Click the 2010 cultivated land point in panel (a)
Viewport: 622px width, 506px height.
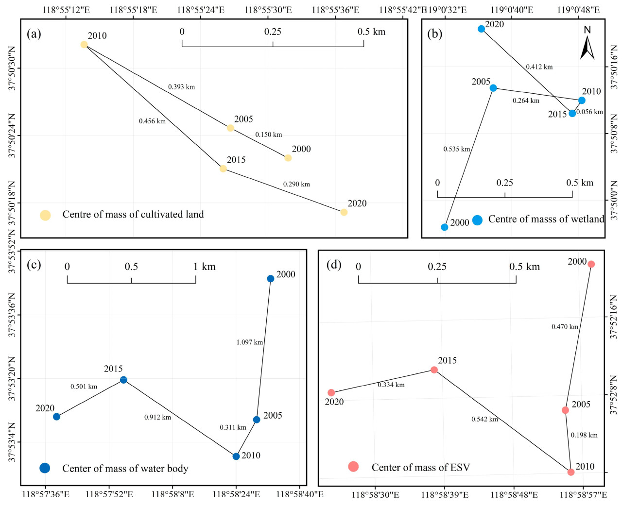84,45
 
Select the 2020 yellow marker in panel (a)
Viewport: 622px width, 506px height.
344,212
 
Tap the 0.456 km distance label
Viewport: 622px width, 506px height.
152,121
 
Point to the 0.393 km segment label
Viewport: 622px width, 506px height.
181,87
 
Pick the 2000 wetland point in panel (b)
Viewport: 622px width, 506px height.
445,227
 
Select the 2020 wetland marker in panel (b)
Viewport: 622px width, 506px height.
481,29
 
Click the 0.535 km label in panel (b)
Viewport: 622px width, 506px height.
456,149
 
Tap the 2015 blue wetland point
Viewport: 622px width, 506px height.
572,113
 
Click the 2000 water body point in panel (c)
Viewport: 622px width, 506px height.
270,279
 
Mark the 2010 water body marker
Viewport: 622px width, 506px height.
236,456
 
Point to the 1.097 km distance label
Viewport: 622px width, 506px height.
249,342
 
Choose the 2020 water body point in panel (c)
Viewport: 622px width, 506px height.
56,417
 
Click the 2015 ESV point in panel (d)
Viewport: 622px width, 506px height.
434,370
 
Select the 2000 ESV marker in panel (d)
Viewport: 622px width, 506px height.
591,264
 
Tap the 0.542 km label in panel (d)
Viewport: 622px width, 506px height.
484,419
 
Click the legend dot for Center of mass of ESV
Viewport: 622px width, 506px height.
353,467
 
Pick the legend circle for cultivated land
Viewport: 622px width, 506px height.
45,215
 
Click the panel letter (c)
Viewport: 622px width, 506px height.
34,264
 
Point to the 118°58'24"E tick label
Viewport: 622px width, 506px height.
236,494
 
